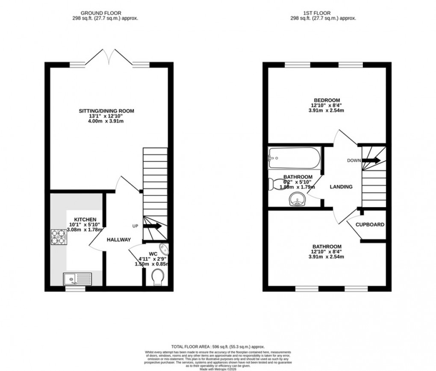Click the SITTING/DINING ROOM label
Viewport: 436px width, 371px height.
coord(106,111)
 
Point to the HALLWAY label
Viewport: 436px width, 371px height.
coord(118,240)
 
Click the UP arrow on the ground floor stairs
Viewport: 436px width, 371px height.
coord(152,226)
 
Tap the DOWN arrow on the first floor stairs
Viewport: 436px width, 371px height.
coord(371,160)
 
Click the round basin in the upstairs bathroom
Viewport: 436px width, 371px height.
coord(297,199)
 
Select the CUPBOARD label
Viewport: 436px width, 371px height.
coord(371,225)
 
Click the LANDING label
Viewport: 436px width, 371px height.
coord(341,187)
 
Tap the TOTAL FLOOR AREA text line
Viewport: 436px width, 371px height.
coord(218,347)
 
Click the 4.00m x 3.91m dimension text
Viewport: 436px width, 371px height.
coord(106,121)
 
